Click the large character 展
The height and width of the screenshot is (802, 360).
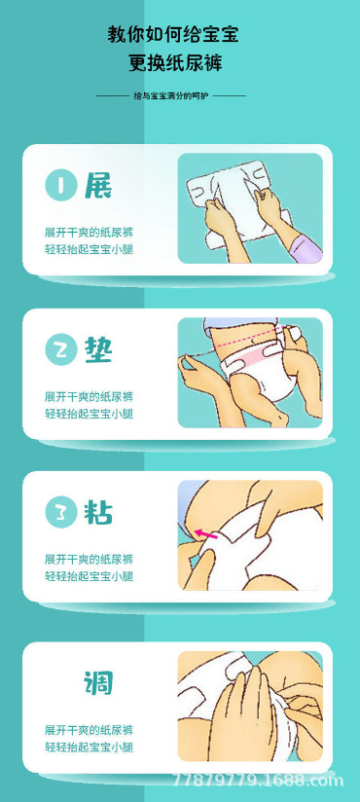click(98, 185)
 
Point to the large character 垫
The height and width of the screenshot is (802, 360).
click(98, 349)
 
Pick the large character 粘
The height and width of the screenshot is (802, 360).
click(98, 512)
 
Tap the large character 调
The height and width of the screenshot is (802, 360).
click(98, 682)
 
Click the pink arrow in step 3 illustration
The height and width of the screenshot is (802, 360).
click(205, 534)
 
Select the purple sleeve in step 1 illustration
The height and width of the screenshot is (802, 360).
click(305, 248)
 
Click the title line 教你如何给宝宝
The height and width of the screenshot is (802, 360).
click(173, 35)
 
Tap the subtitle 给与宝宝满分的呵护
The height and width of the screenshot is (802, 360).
click(171, 95)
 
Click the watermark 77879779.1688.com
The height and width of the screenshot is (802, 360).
click(258, 781)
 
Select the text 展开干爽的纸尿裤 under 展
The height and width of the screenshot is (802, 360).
click(89, 233)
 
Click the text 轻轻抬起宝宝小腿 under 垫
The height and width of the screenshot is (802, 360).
click(89, 414)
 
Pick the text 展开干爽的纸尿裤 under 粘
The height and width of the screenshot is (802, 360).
click(89, 559)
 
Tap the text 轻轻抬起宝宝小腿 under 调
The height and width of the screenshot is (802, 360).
click(89, 747)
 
